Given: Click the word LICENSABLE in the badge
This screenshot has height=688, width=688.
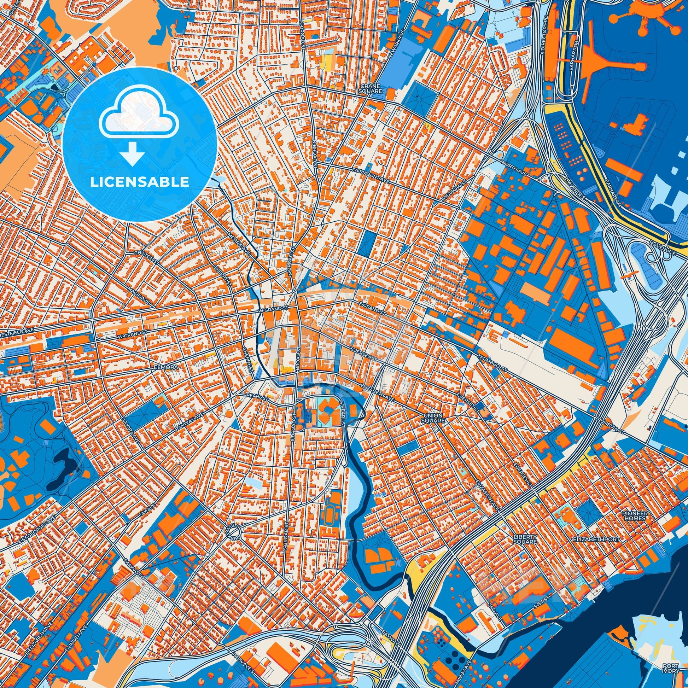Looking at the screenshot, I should pos(139,182).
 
